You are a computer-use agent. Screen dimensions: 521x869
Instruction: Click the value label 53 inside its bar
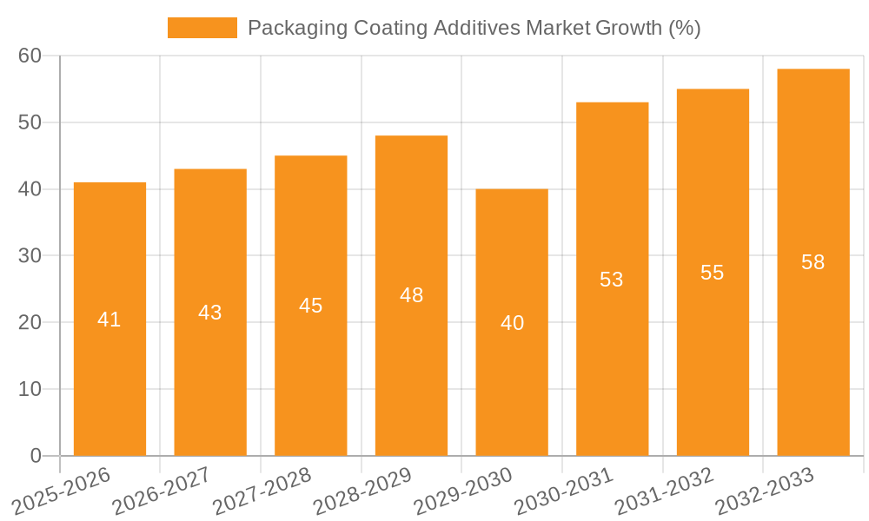tap(612, 280)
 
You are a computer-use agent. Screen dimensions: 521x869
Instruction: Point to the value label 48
tap(411, 295)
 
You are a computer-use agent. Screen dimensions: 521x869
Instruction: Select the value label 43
tap(210, 313)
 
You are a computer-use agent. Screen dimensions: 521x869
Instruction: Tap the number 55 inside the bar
tap(712, 273)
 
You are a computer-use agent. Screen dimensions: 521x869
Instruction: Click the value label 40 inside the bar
tap(512, 323)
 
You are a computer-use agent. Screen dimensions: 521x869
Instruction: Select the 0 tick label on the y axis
tap(36, 456)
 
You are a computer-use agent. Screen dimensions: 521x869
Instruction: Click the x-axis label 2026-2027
tap(161, 490)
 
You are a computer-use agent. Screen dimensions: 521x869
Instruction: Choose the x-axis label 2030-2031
tap(564, 490)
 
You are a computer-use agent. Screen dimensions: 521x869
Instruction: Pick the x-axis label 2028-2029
tap(362, 490)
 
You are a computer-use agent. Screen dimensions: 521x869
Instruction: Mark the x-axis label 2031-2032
tap(665, 490)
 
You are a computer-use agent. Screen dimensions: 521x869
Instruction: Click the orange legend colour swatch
tap(202, 28)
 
